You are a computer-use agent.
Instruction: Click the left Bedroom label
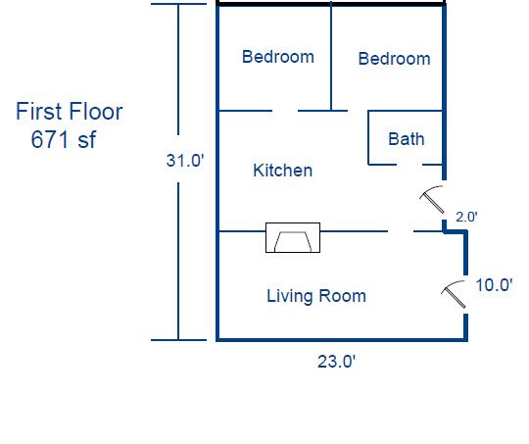(278, 57)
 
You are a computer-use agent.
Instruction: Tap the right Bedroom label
(394, 59)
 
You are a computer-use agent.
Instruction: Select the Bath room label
(406, 139)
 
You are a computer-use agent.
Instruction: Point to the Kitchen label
(282, 171)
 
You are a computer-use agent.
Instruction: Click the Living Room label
(316, 296)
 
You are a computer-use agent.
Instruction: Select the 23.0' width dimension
(335, 362)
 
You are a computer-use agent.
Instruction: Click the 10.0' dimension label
(494, 285)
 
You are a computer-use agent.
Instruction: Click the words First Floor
(69, 112)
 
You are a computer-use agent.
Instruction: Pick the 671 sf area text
(64, 139)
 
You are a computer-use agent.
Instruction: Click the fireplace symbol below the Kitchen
(293, 237)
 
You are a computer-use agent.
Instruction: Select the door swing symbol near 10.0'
(454, 293)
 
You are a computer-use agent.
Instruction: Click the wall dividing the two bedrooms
(331, 59)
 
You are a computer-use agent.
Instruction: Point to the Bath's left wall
(368, 137)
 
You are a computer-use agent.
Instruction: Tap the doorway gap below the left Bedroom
(284, 111)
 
